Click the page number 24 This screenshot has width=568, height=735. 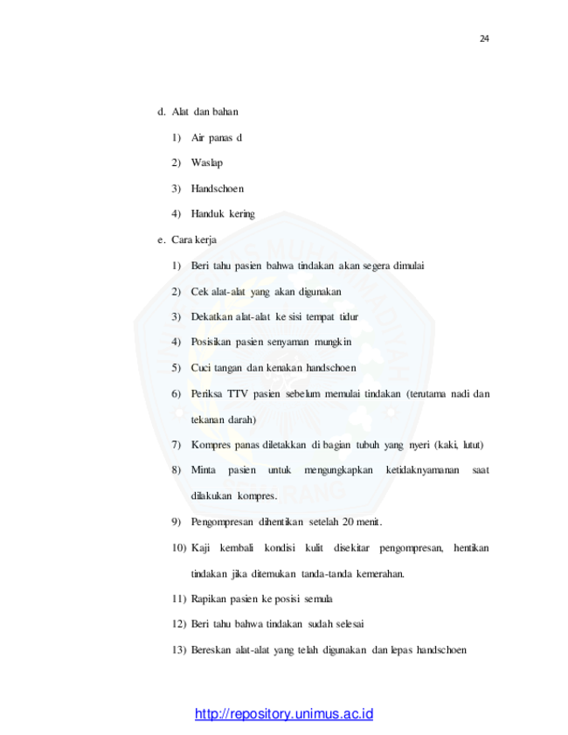[484, 38]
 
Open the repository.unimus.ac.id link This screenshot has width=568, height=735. [284, 714]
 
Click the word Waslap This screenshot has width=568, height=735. [207, 163]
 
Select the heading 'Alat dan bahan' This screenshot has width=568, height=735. [204, 112]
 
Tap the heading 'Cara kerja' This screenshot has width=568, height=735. [194, 240]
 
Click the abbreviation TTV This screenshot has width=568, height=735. [238, 394]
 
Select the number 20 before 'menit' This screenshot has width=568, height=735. [348, 522]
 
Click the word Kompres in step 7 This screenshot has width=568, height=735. [211, 445]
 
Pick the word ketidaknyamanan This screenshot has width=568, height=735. [422, 470]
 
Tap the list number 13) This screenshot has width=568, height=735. [179, 650]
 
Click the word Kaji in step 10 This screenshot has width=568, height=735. [200, 548]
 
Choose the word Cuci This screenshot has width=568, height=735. [201, 368]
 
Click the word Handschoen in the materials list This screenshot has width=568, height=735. [218, 189]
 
